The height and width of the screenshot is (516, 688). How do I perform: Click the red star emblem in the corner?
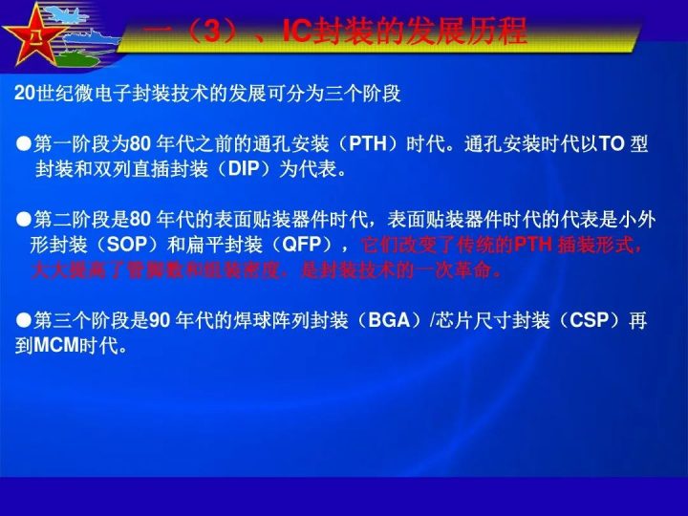click(35, 36)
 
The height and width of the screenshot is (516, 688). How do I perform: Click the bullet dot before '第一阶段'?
click(24, 145)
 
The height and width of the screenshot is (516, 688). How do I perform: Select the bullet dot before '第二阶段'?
click(24, 220)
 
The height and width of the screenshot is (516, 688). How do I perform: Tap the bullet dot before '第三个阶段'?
click(24, 321)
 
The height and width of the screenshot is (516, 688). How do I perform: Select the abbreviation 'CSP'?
click(590, 321)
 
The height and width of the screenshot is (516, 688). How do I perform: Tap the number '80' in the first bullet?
click(140, 145)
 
